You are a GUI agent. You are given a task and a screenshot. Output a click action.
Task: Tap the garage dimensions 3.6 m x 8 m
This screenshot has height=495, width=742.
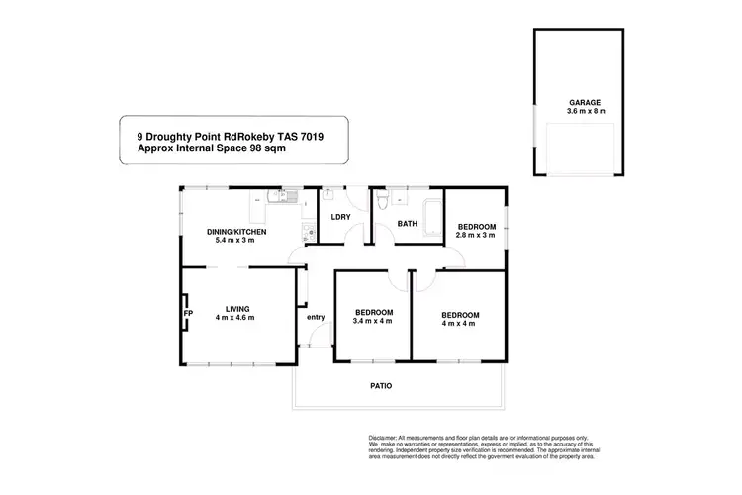point(583,111)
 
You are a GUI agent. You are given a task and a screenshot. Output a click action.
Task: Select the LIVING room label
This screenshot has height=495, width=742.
point(237,308)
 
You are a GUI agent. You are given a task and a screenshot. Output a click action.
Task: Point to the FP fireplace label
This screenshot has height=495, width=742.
point(186,314)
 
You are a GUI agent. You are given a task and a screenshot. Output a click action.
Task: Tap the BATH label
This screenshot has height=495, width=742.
point(407,224)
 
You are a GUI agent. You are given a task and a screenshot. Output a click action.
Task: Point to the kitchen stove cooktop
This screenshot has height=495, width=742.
point(305,234)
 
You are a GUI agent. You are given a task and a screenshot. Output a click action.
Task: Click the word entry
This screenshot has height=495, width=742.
point(316,317)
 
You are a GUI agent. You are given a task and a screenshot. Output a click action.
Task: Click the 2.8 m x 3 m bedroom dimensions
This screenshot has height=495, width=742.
point(475,236)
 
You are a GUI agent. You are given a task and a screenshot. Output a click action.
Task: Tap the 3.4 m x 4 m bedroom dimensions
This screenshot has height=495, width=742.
point(374,323)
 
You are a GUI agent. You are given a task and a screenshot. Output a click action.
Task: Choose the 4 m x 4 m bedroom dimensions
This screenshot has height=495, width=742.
point(460,323)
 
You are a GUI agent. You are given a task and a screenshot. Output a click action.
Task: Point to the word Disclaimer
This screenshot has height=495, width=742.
point(382,437)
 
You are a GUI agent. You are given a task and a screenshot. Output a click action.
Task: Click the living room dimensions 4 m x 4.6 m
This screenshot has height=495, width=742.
point(237,318)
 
